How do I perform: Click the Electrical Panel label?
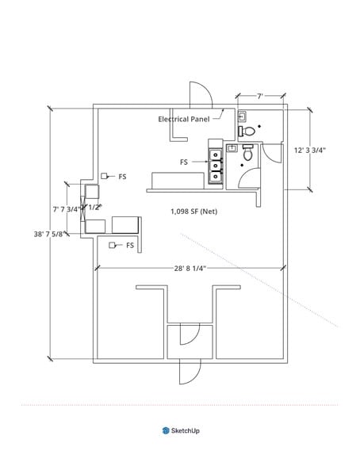pyautogui.click(x=184, y=119)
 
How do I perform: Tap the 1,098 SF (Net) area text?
pyautogui.click(x=193, y=212)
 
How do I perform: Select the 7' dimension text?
pyautogui.click(x=260, y=97)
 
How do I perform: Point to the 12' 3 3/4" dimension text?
pyautogui.click(x=310, y=150)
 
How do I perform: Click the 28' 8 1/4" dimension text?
pyautogui.click(x=190, y=269)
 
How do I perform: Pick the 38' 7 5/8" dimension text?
pyautogui.click(x=49, y=234)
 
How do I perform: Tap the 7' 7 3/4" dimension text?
pyautogui.click(x=67, y=209)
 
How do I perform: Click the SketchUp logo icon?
pyautogui.click(x=166, y=430)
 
